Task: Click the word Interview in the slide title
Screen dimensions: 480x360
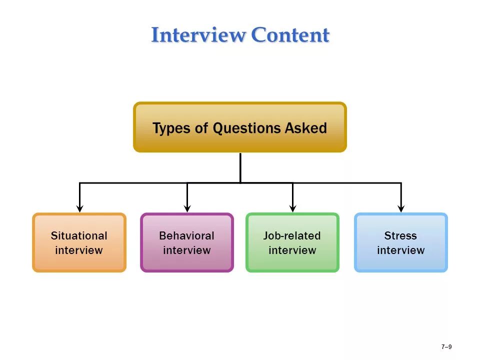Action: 198,35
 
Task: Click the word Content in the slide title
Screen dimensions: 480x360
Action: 290,35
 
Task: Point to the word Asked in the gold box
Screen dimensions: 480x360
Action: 305,128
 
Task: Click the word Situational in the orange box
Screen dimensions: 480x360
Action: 79,235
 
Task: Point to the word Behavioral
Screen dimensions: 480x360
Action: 186,235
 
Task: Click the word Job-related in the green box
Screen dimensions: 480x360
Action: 292,235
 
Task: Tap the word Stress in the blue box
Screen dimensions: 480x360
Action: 400,235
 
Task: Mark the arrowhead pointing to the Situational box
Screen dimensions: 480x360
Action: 79,208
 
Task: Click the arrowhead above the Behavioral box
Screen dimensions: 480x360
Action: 187,208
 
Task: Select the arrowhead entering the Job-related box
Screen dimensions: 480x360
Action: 293,208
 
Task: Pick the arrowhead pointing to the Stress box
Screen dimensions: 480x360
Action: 401,208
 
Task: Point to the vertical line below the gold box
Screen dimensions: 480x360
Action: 240,167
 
